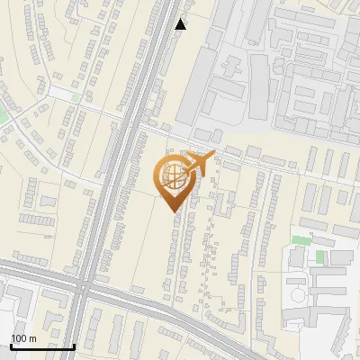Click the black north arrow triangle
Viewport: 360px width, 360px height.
pos(181,24)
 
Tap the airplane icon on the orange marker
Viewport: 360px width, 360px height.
pos(201,164)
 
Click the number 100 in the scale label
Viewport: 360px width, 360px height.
pos(19,338)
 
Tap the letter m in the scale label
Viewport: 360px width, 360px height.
pos(32,338)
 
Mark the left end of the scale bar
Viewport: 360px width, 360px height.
pos(11,346)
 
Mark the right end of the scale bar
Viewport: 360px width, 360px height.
pos(74,346)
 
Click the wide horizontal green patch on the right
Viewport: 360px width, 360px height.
pos(300,240)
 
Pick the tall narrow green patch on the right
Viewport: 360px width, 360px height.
pos(320,257)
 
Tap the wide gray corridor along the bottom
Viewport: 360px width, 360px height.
pos(180,310)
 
